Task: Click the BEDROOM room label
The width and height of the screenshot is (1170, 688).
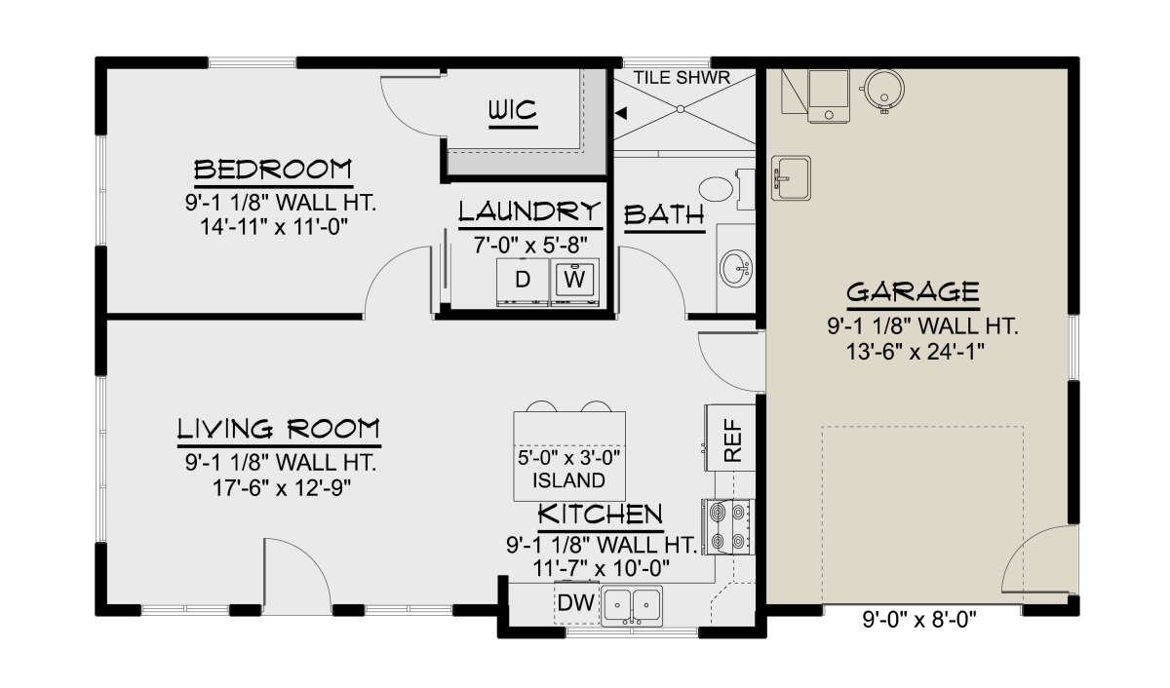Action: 273,170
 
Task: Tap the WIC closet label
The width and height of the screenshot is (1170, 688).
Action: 513,110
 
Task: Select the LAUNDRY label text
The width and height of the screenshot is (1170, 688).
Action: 529,211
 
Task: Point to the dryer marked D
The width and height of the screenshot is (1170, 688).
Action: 523,282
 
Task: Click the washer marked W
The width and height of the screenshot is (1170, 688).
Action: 574,282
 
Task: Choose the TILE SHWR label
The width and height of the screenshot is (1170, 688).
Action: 682,78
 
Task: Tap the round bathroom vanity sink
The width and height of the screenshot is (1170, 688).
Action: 736,268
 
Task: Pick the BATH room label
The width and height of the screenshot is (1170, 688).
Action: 664,215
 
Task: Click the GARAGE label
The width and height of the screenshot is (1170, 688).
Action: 913,291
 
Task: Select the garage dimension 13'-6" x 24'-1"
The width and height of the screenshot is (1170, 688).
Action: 916,352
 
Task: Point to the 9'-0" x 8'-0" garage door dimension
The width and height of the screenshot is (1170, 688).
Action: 919,620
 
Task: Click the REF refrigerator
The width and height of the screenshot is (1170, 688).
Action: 730,438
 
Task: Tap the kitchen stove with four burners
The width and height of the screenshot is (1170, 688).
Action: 727,526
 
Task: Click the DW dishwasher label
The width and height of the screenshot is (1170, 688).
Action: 575,603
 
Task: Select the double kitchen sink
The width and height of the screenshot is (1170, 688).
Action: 632,605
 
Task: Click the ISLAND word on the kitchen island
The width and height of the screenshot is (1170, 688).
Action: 568,480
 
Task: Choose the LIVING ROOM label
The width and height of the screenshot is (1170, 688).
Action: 279,429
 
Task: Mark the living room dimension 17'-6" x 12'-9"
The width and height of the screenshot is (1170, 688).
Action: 281,488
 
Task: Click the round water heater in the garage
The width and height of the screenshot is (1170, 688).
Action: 883,89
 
